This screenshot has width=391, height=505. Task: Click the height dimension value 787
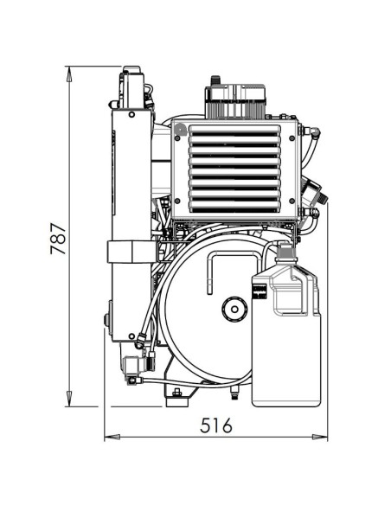click(x=58, y=234)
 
